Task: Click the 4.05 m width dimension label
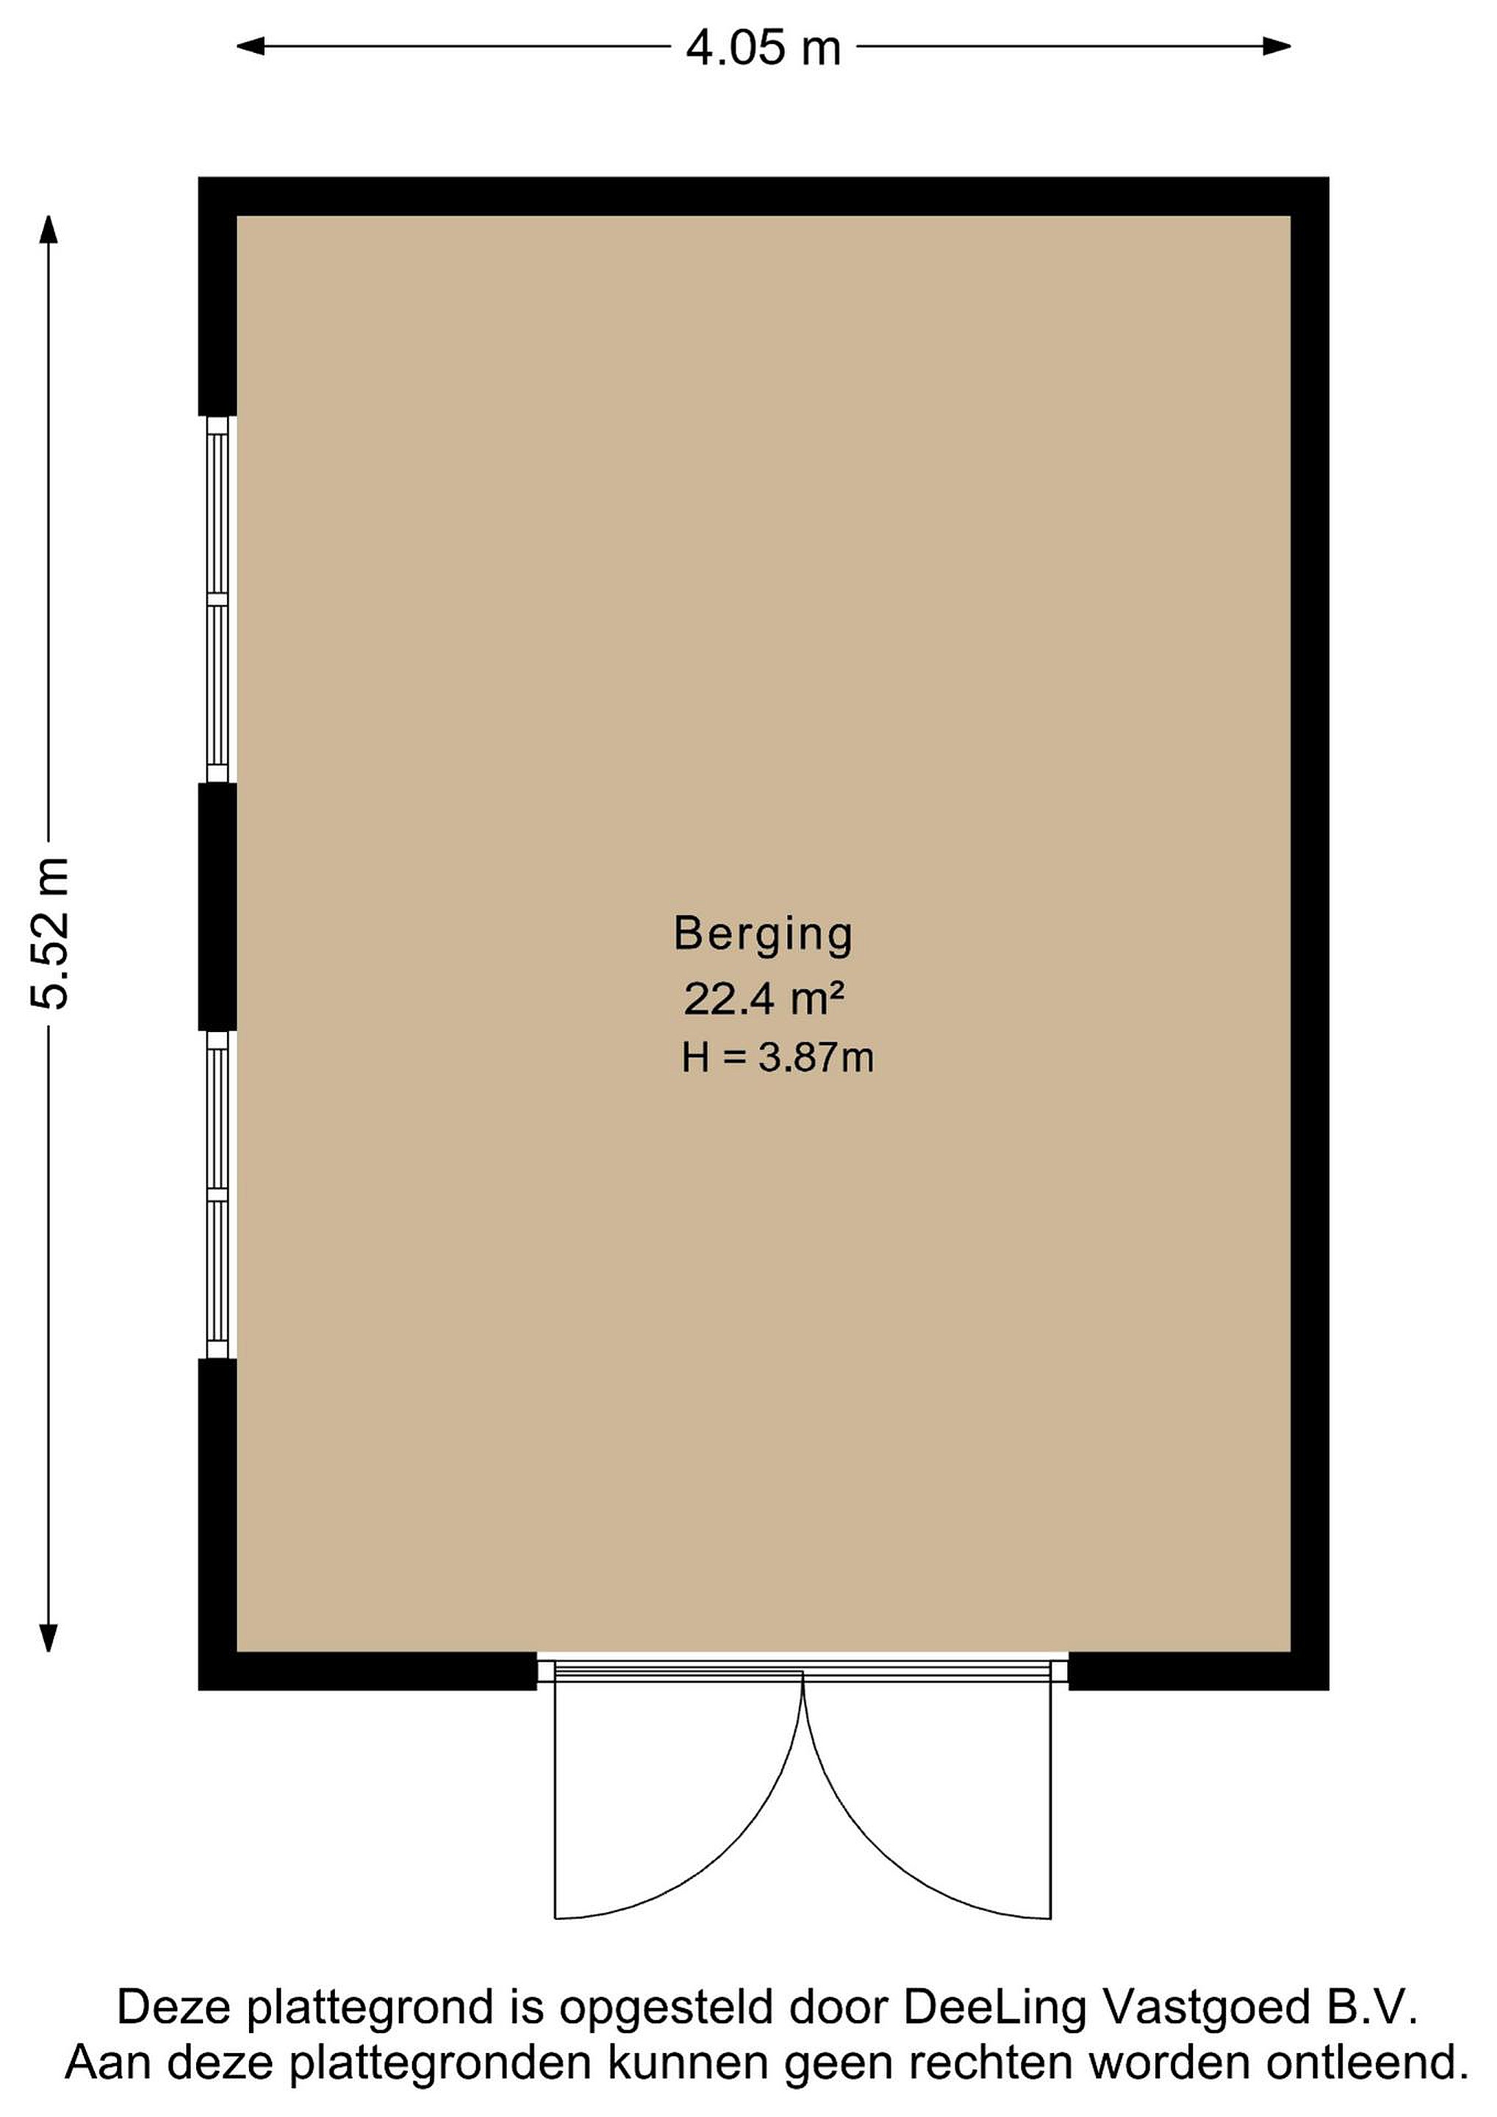(x=764, y=48)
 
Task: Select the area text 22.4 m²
(x=764, y=997)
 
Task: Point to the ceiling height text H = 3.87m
(x=777, y=1058)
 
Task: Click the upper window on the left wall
(x=218, y=599)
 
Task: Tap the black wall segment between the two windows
(x=218, y=906)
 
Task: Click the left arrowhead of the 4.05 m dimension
(x=251, y=46)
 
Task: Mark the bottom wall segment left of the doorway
(x=367, y=1671)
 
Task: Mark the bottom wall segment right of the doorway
(x=1199, y=1671)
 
